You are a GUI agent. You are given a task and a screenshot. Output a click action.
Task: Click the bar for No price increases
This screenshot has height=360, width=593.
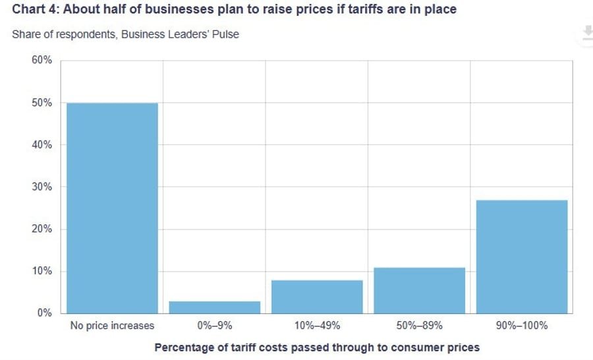pos(112,208)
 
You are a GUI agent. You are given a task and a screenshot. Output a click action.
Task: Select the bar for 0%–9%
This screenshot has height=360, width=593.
pos(215,307)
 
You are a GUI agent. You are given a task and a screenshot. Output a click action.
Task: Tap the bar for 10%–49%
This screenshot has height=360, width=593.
pos(317,297)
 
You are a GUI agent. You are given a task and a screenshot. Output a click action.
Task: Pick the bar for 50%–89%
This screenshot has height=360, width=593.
pos(419,290)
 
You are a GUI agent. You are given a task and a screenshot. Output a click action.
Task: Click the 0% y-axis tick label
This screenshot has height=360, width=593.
pos(44,313)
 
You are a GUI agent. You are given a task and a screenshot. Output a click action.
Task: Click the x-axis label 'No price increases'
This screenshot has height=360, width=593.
pos(112,326)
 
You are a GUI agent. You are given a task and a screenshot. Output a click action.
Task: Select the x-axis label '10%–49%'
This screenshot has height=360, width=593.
pos(317,326)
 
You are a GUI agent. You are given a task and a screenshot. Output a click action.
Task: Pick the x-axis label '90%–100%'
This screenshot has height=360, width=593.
pos(521,326)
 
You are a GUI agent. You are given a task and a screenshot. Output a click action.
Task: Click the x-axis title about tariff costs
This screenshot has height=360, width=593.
pos(317,347)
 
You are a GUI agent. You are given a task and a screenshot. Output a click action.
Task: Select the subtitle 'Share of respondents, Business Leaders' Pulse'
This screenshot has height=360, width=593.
pos(125,34)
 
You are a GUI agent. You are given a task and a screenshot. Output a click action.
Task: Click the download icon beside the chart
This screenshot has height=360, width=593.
pos(585,33)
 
